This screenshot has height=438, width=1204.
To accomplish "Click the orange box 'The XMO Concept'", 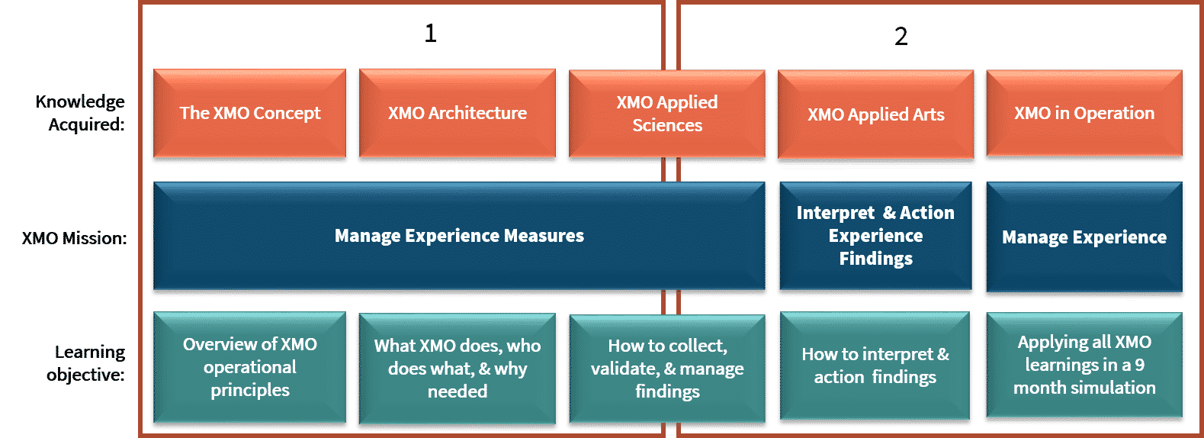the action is [x=250, y=113].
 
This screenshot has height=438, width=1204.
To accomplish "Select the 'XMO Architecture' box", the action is [x=458, y=113].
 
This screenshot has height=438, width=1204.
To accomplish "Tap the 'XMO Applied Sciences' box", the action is [x=667, y=114].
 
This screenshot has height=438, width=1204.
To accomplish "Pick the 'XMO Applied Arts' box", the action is [x=875, y=114].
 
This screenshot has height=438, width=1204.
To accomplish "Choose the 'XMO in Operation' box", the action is [x=1084, y=113].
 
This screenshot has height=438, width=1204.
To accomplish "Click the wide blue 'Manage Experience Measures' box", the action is [x=459, y=236].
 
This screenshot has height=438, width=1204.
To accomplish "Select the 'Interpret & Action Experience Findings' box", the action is [x=875, y=236].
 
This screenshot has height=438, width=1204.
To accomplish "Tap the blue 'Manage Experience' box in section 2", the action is [x=1084, y=237].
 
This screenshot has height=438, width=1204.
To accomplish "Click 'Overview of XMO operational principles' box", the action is [x=250, y=367].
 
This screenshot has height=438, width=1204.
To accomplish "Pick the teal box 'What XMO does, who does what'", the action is [x=458, y=369].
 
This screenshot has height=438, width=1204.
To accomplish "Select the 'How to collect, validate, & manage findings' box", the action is [x=667, y=369].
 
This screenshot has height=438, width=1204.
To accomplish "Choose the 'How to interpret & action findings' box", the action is [x=875, y=366].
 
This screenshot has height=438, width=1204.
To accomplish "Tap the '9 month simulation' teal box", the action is [x=1084, y=365].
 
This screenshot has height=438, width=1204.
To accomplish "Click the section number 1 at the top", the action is [x=431, y=34].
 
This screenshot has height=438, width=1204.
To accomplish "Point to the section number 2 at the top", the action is [x=901, y=37].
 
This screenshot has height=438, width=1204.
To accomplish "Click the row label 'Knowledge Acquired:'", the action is [x=80, y=113].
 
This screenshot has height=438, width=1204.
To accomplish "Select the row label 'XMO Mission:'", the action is [x=74, y=238].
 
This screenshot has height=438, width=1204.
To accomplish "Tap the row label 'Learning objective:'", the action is [x=85, y=363].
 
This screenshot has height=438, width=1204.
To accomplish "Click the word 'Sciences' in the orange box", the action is [x=667, y=125].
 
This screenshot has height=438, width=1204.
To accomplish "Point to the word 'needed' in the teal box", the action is [x=458, y=391].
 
